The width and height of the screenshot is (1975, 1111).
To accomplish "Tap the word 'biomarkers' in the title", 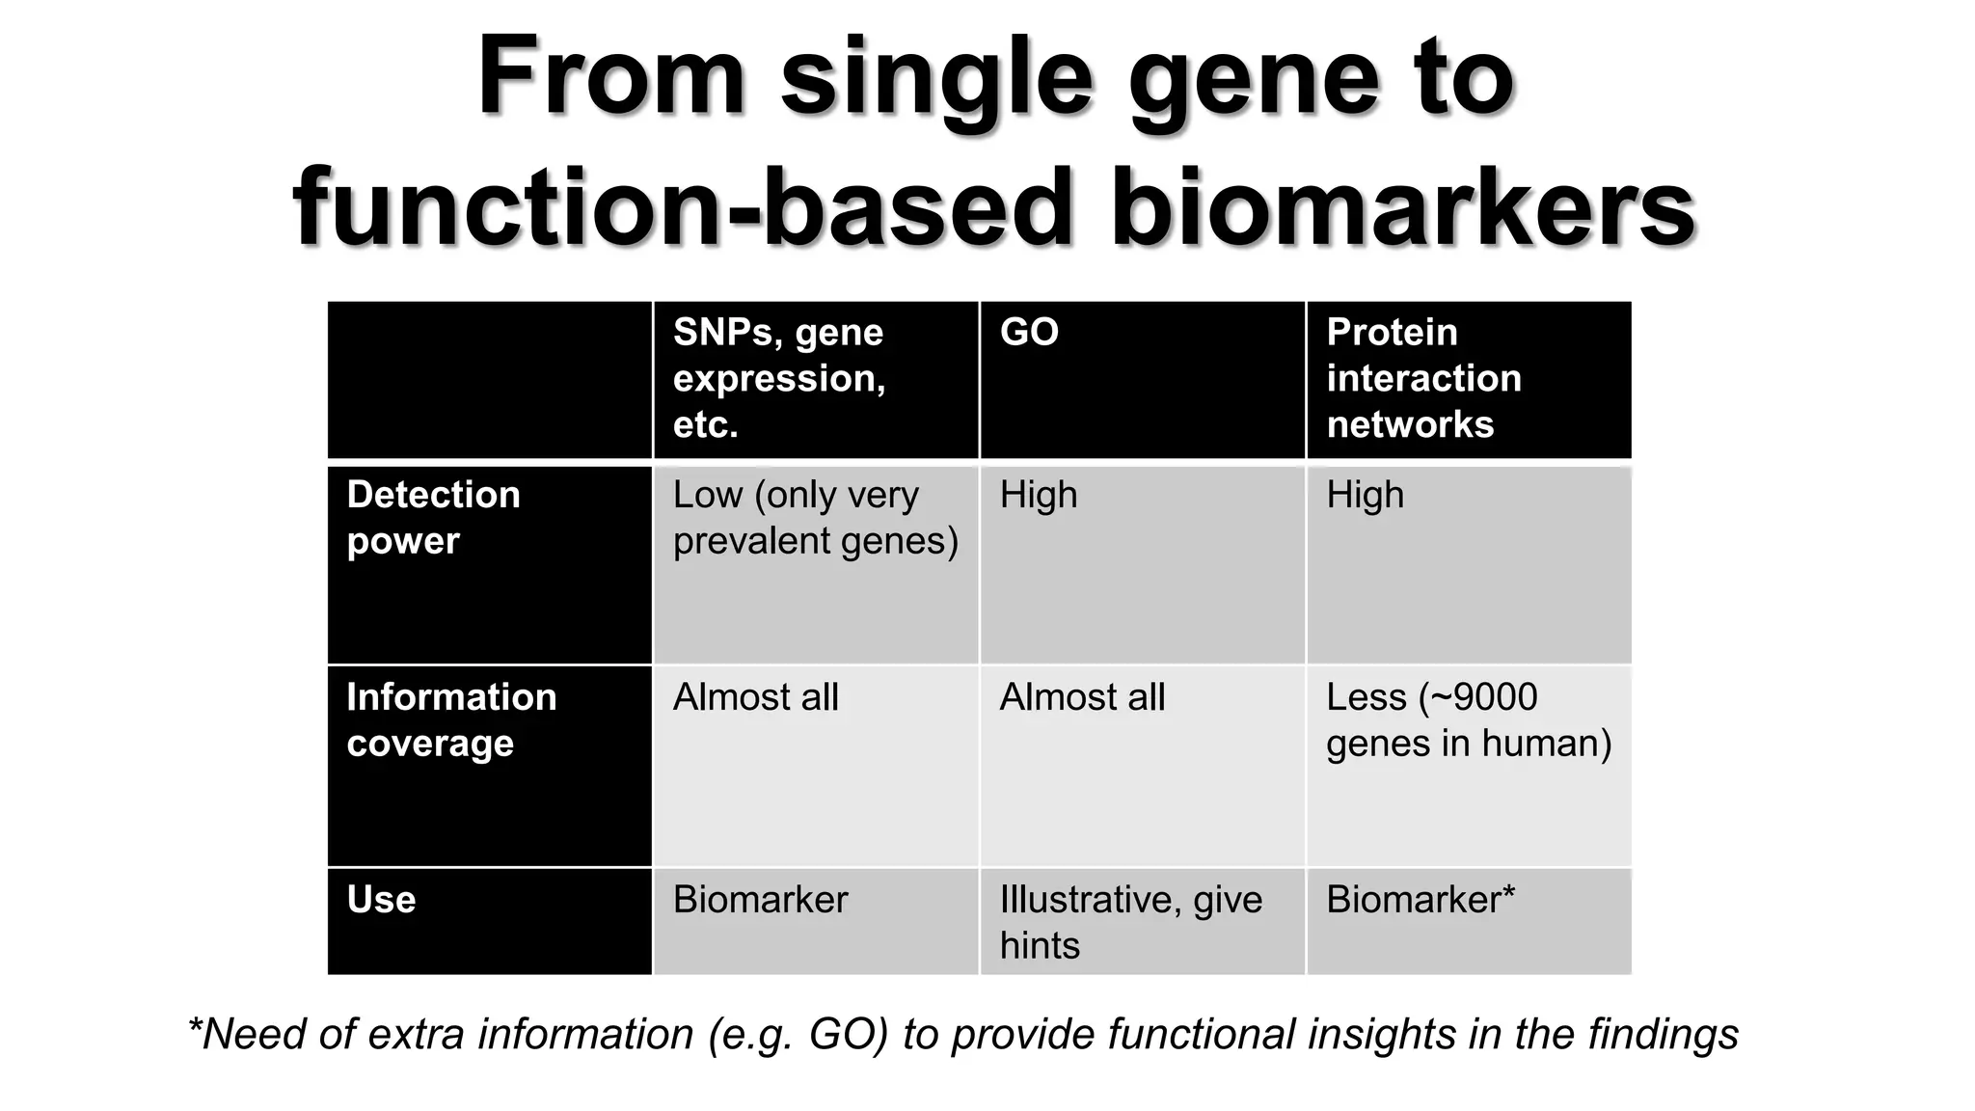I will pyautogui.click(x=1403, y=208).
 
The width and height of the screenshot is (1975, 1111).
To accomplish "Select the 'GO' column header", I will pyautogui.click(x=1029, y=333).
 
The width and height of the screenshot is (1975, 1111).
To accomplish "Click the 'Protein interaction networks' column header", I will pyautogui.click(x=1423, y=378).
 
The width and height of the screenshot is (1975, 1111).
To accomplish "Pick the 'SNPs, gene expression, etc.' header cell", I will pyautogui.click(x=779, y=378).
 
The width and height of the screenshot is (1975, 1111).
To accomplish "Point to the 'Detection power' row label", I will pyautogui.click(x=433, y=518).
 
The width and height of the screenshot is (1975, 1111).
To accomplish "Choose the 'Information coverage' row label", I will pyautogui.click(x=451, y=719).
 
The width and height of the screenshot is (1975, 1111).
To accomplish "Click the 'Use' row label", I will pyautogui.click(x=381, y=900).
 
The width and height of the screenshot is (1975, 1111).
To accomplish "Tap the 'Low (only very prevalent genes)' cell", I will pyautogui.click(x=815, y=518).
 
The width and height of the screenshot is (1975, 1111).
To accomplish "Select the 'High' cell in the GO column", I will pyautogui.click(x=1038, y=496).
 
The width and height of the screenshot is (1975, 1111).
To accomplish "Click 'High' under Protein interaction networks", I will pyautogui.click(x=1365, y=496).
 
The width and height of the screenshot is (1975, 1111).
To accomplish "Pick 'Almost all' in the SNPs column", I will pyautogui.click(x=755, y=697).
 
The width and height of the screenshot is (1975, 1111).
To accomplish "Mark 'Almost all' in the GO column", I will pyautogui.click(x=1082, y=697).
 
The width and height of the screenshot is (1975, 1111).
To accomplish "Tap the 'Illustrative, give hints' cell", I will pyautogui.click(x=1130, y=922).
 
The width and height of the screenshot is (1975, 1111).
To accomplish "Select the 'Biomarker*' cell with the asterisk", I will pyautogui.click(x=1420, y=900).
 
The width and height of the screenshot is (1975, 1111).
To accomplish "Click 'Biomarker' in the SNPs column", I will pyautogui.click(x=760, y=900).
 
